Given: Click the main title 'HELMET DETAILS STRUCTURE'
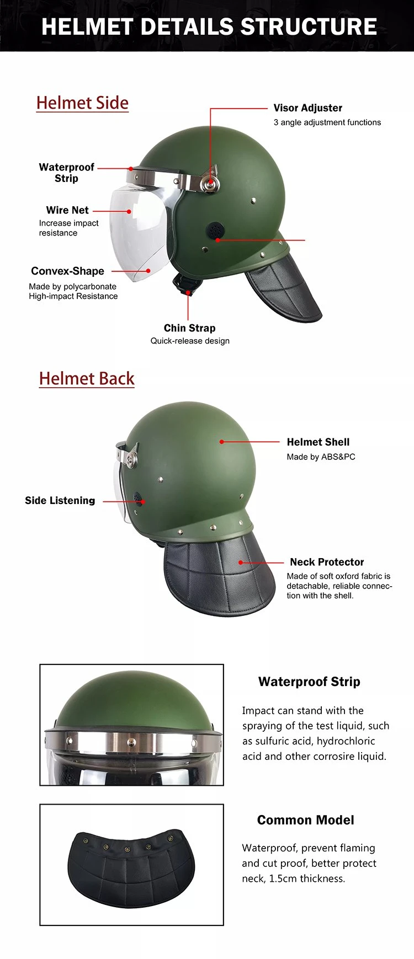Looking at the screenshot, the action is [209, 26].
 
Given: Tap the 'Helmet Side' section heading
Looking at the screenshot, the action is [82, 103].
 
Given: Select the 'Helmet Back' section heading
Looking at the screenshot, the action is [87, 378].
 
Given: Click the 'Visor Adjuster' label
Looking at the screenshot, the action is [307, 108].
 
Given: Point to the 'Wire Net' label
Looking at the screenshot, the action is [67, 210].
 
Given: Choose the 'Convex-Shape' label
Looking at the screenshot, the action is [67, 271].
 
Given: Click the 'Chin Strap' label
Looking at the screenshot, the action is [189, 328].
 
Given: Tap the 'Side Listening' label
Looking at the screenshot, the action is [60, 501].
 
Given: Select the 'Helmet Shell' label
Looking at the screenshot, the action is [318, 442].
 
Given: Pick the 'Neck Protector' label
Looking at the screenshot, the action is [327, 562].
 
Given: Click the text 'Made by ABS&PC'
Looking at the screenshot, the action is [321, 457].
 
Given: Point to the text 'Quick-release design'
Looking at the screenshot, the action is [190, 341].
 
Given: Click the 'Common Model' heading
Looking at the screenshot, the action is [305, 820].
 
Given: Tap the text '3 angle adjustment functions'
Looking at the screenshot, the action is [327, 122].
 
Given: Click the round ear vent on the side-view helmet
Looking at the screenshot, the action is [214, 230].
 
